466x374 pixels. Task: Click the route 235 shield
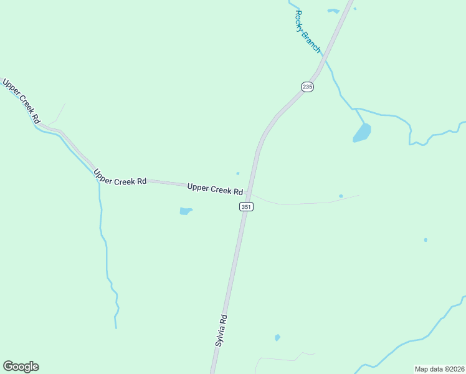pos(307,87)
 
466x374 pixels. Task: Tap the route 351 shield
pos(247,206)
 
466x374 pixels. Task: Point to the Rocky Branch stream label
pos(307,31)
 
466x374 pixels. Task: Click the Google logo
pos(21,367)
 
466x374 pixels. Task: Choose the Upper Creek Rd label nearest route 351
pos(215,189)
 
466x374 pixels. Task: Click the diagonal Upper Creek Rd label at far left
pos(21,100)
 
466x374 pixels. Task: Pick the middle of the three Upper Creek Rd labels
pos(120,177)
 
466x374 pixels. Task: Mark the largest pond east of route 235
pos(362,133)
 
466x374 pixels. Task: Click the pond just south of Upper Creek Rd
pos(186,211)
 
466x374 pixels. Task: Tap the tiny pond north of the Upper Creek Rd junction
pos(237,173)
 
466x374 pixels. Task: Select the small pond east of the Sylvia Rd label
pos(277,338)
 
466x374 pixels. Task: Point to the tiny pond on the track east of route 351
pos(341,196)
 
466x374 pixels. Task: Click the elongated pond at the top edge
pos(333,11)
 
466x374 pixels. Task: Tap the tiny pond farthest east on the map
pos(426,240)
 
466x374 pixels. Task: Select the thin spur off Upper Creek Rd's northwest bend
pos(57,113)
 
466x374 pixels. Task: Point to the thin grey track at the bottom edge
pos(280,359)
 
